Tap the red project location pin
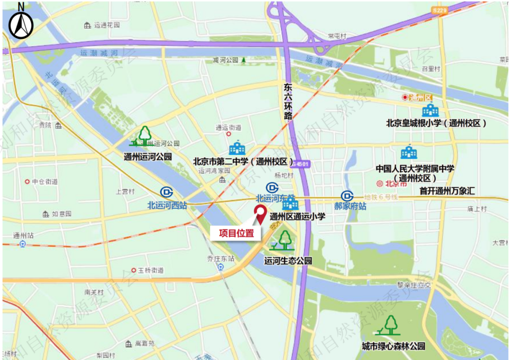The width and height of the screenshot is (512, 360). tap(260, 214)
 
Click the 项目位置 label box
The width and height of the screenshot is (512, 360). tap(236, 233)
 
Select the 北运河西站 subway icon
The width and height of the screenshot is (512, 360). tap(166, 193)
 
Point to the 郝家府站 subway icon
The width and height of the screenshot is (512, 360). tap(347, 196)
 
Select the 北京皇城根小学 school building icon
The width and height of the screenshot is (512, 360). tap(431, 111)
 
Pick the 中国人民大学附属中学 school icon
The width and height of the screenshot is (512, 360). tap(409, 152)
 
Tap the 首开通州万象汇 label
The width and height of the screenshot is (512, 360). tap(448, 191)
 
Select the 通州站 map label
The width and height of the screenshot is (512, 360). tap(22, 235)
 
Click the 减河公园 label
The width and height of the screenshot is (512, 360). tap(225, 61)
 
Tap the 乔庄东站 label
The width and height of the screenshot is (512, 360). tap(220, 258)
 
